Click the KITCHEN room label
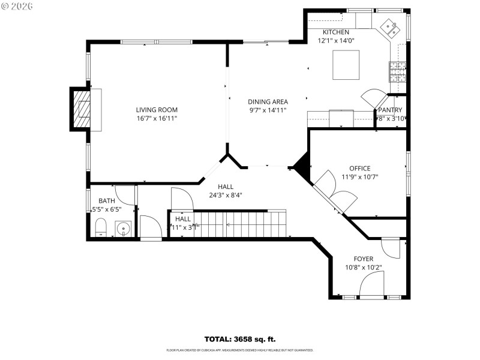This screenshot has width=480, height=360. pos(335,32)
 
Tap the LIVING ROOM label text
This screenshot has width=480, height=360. pos(157,110)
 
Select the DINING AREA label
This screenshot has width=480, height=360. pos(268,102)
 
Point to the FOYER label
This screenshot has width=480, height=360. pos(364,259)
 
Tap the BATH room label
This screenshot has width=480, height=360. pos(107,201)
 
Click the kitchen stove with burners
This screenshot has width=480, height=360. pos(398,73)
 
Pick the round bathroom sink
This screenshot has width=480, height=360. pos(124,229)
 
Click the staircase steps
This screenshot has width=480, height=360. pos(240,224)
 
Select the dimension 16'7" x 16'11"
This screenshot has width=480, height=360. pos(157,118)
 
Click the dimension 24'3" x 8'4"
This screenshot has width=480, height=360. pos(226,195)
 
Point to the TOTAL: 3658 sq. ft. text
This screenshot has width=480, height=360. pos(240,339)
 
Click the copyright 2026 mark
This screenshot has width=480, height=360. pos(17,6)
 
